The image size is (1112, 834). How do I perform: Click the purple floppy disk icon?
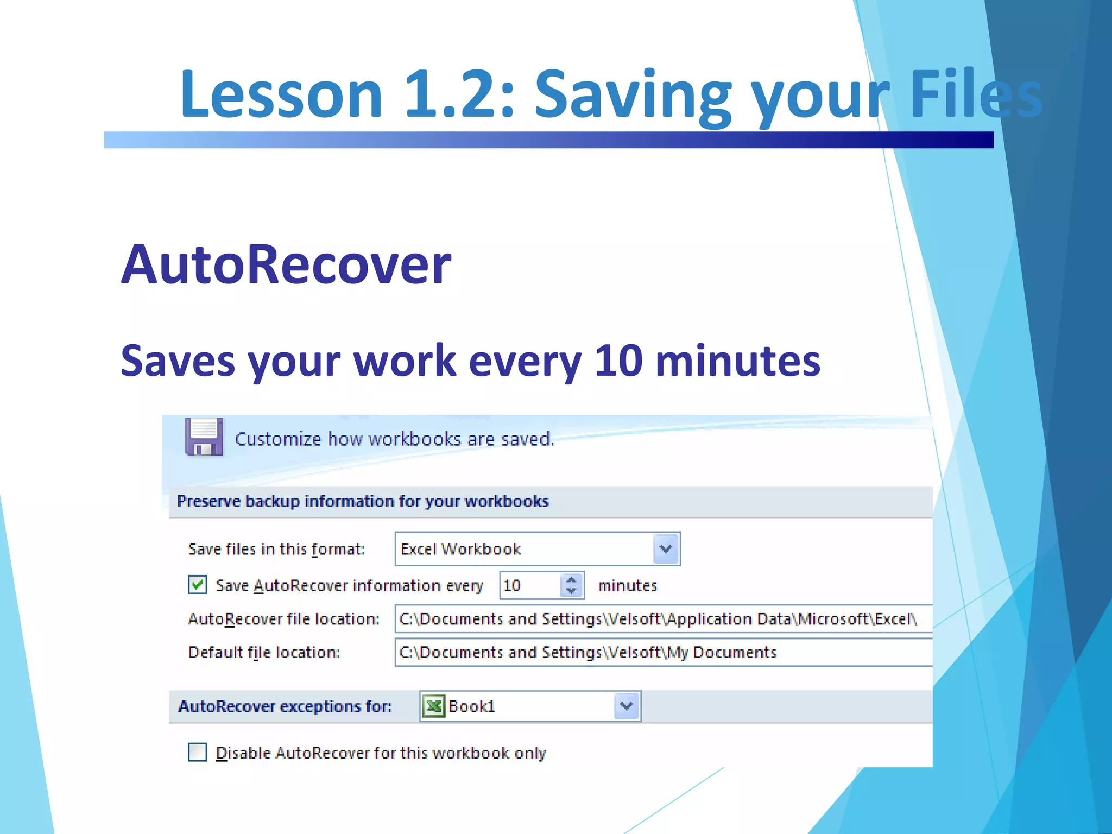coord(204,437)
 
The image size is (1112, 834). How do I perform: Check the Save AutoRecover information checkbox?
coord(198,585)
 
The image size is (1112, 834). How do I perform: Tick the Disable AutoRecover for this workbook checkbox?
coord(198,752)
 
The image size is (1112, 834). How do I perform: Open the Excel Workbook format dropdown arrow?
coord(666,548)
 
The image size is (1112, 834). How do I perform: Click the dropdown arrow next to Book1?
coord(627,706)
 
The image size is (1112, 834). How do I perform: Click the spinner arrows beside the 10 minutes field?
coord(571,585)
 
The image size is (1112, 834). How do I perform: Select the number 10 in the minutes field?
coord(512,585)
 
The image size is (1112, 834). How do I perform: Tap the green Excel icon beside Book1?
coord(434,706)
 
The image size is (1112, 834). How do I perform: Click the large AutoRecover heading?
coord(286,265)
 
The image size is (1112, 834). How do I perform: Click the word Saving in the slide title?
coord(633,93)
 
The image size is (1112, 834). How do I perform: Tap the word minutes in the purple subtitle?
coord(737,361)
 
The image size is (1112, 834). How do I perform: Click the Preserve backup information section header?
coord(363,501)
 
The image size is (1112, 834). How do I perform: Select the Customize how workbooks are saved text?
coord(394,439)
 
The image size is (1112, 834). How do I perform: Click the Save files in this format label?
coord(276,549)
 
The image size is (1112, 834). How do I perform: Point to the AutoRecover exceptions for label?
coord(285,706)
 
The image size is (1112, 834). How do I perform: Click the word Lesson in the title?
coord(281,93)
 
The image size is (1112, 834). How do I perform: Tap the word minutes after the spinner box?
coord(628,585)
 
